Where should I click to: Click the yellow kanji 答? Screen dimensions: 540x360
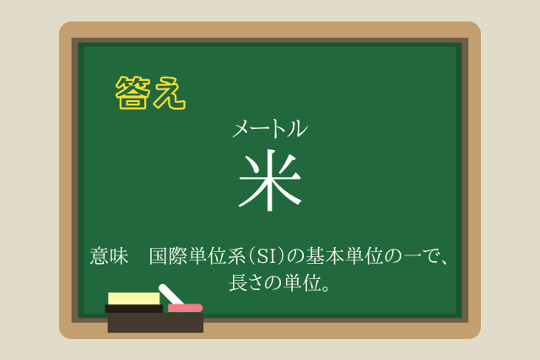point(133,93)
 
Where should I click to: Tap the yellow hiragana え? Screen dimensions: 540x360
point(170,94)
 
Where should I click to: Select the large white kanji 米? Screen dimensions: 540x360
point(270,180)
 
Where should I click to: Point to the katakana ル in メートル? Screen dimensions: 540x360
point(297,128)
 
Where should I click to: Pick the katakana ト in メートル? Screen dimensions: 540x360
point(279,129)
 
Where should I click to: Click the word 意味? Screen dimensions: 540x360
point(109,256)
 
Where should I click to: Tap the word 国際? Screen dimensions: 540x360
point(169,256)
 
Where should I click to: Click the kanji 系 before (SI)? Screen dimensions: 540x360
point(237,256)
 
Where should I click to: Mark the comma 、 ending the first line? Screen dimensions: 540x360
point(446,262)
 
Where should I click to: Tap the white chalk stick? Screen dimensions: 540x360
point(171,294)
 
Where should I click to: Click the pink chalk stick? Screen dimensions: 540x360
point(186,308)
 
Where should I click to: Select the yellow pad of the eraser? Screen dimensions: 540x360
point(134,298)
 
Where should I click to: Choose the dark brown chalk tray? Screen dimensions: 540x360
point(155,323)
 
